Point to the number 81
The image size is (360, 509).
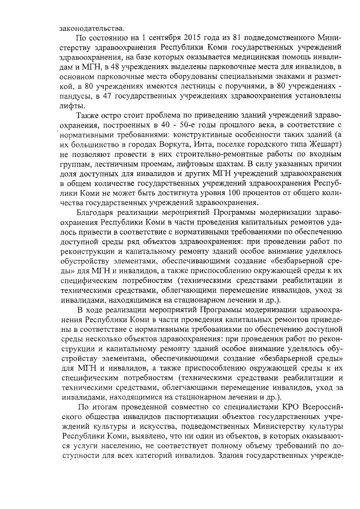click(230, 39)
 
